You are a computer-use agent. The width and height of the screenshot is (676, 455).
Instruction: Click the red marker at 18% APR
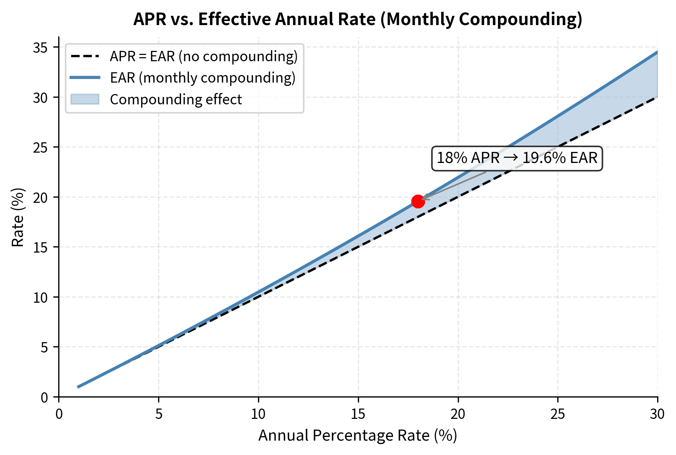point(418,201)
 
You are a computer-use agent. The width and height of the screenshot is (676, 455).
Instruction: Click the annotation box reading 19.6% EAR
point(517,158)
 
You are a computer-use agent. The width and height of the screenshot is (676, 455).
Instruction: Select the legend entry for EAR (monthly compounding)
point(202,78)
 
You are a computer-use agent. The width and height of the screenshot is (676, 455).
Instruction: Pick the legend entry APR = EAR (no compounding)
point(203,56)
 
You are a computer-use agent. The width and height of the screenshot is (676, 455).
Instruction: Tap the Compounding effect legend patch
point(85,100)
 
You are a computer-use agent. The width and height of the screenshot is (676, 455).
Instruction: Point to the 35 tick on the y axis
point(41,48)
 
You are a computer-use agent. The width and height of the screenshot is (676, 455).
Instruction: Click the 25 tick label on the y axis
point(41,147)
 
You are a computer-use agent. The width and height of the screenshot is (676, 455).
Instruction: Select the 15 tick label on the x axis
point(358,414)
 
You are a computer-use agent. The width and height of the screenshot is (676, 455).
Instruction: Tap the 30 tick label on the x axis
point(657,414)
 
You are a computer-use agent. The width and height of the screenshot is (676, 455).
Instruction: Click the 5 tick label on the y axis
point(44,347)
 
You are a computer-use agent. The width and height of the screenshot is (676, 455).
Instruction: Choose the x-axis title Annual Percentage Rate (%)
point(358,435)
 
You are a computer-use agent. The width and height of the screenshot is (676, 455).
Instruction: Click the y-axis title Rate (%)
point(18,218)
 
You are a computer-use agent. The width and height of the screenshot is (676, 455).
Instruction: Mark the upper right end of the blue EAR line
point(656,53)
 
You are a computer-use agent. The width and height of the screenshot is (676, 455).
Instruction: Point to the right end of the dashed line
point(656,97)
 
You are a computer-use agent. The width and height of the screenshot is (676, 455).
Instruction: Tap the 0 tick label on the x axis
point(59,414)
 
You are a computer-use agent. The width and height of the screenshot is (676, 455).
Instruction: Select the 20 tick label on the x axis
point(458,414)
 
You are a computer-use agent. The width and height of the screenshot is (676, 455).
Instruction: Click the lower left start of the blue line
point(79,387)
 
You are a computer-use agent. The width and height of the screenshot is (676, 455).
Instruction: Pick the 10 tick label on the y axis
point(41,298)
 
